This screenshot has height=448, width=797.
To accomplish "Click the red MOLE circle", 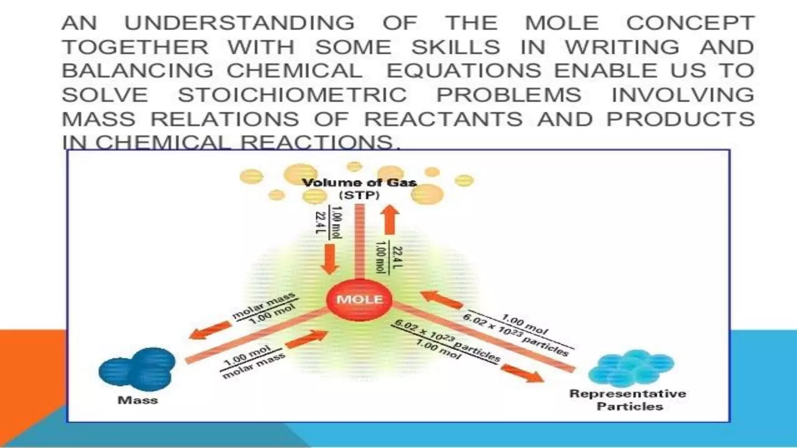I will pyautogui.click(x=360, y=299).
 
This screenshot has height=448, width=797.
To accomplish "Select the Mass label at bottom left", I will pyautogui.click(x=138, y=400).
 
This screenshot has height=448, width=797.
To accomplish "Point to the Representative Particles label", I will pyautogui.click(x=628, y=400).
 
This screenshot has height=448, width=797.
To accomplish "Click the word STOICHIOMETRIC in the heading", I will pyautogui.click(x=292, y=95).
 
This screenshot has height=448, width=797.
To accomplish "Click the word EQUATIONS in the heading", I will pyautogui.click(x=463, y=71).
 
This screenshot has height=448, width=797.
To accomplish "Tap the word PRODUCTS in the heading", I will pyautogui.click(x=680, y=119).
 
